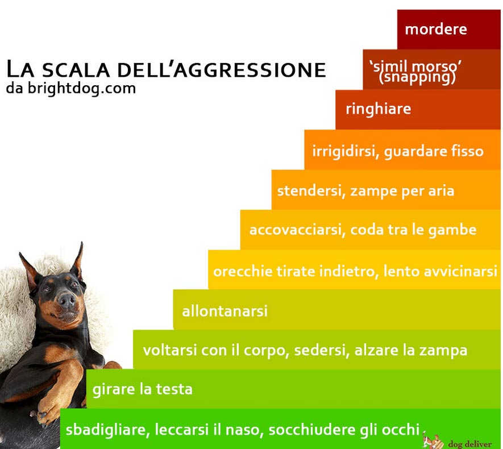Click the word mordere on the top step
(x=435, y=29)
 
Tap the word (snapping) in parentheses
(x=417, y=77)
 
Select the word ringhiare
(x=378, y=109)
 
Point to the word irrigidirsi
(x=343, y=151)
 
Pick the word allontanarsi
(x=225, y=311)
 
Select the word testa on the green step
(x=174, y=389)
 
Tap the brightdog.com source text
(x=81, y=89)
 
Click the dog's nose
(x=66, y=300)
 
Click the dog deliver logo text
(x=469, y=443)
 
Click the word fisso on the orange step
(x=467, y=151)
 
